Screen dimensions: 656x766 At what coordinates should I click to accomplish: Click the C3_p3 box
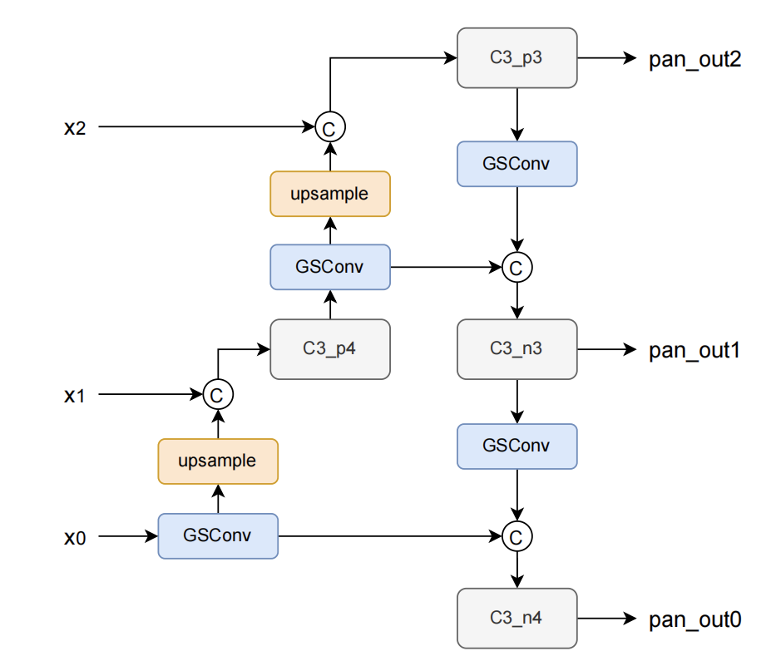[x=516, y=57]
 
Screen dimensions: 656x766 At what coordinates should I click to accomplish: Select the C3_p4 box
[x=330, y=349]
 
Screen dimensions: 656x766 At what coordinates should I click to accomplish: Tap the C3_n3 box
[x=516, y=349]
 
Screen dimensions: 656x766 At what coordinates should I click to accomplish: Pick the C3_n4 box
[x=516, y=618]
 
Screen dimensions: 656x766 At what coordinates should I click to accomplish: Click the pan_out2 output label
[x=694, y=60]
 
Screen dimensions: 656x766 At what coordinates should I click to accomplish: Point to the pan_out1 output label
[x=694, y=350]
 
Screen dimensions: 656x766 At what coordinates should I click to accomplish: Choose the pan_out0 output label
[x=694, y=619]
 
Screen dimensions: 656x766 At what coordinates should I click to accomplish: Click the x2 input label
[x=75, y=127]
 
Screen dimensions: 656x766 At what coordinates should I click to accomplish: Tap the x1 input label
[x=75, y=395]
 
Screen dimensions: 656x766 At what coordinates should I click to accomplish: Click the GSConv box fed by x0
[x=217, y=536]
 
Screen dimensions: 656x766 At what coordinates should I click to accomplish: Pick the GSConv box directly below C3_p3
[x=516, y=164]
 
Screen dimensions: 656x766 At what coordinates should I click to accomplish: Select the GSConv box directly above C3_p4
[x=330, y=267]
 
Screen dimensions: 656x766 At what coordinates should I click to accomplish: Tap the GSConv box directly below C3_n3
[x=516, y=446]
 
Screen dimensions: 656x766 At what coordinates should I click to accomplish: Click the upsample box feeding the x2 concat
[x=330, y=194]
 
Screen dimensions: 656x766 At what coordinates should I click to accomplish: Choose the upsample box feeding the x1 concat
[x=217, y=461]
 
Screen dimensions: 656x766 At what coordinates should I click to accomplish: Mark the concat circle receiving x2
[x=330, y=127]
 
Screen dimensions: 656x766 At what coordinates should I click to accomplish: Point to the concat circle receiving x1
[x=217, y=395]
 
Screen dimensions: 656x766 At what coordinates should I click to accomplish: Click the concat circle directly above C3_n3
[x=516, y=267]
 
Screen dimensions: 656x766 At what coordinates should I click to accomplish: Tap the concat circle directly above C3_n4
[x=516, y=536]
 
